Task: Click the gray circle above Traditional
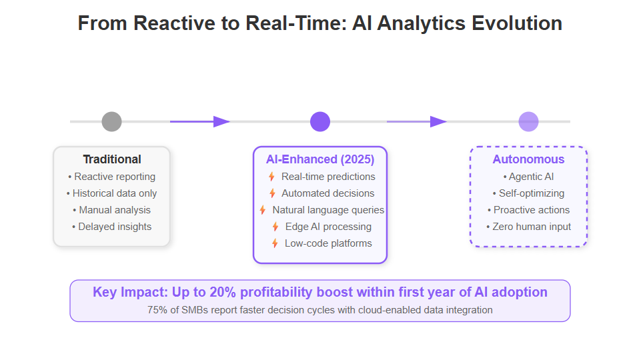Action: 111,121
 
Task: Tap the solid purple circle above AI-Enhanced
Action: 320,121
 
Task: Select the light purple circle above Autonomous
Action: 528,121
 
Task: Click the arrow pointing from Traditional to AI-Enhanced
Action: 200,121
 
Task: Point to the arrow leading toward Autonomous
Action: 417,121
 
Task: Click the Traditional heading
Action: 112,159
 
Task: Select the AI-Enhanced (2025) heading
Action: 320,159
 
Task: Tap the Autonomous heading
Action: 528,159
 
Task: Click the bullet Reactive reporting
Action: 111,177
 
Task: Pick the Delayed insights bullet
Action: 111,227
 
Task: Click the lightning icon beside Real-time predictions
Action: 271,177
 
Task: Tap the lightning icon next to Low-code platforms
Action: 275,243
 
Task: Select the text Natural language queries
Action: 328,210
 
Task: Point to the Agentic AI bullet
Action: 528,177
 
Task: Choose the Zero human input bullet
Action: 528,227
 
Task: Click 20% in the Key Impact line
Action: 223,292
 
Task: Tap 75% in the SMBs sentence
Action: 157,310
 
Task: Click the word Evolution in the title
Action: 517,23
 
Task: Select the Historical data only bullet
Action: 111,193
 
